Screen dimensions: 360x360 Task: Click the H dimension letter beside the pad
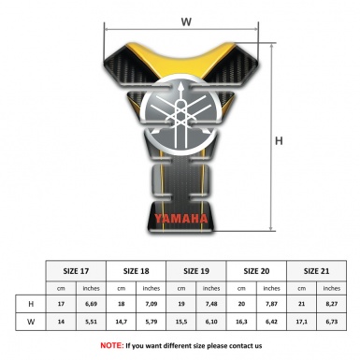point(279,141)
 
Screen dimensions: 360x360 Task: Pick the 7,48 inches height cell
point(212,305)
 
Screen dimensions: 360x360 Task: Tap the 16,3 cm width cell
point(242,324)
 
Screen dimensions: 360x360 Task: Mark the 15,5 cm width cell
point(182,324)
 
